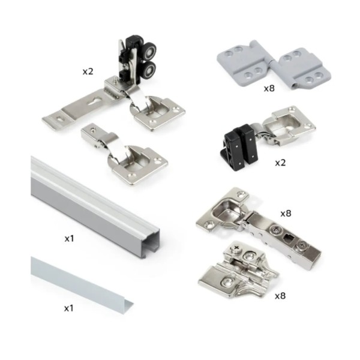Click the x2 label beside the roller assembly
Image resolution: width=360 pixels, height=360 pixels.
88,71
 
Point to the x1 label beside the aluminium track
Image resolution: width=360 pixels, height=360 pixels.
69,238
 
